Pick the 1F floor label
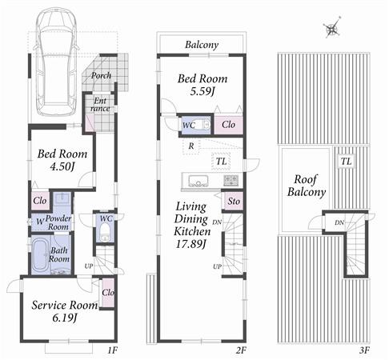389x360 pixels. pos(113,350)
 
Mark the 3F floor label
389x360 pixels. pos(365,350)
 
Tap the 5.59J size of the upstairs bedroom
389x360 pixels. pos(202,93)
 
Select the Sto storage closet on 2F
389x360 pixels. pos(234,202)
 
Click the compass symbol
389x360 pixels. pos(331,30)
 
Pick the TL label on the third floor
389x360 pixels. pos(345,162)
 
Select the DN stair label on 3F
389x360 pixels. pos(339,222)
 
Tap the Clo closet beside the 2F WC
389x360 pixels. pos(227,124)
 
